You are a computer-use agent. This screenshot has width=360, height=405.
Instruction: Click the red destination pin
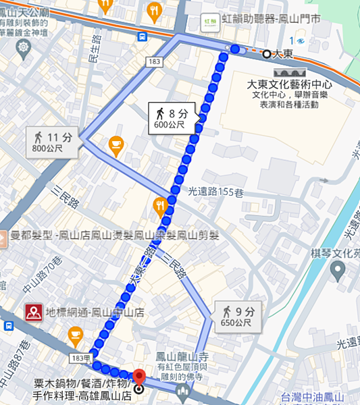139,378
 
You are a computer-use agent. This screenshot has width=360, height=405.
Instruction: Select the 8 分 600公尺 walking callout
172,117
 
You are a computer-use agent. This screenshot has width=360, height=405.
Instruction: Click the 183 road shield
153,62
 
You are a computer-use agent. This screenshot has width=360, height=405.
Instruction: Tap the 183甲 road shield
80,356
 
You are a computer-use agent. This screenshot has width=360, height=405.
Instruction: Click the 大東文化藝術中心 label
288,85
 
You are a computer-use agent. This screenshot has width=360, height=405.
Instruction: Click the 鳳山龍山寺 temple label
176,357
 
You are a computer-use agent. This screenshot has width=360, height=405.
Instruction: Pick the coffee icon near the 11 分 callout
116,144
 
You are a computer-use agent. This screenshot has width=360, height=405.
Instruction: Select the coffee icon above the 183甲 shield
75,334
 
